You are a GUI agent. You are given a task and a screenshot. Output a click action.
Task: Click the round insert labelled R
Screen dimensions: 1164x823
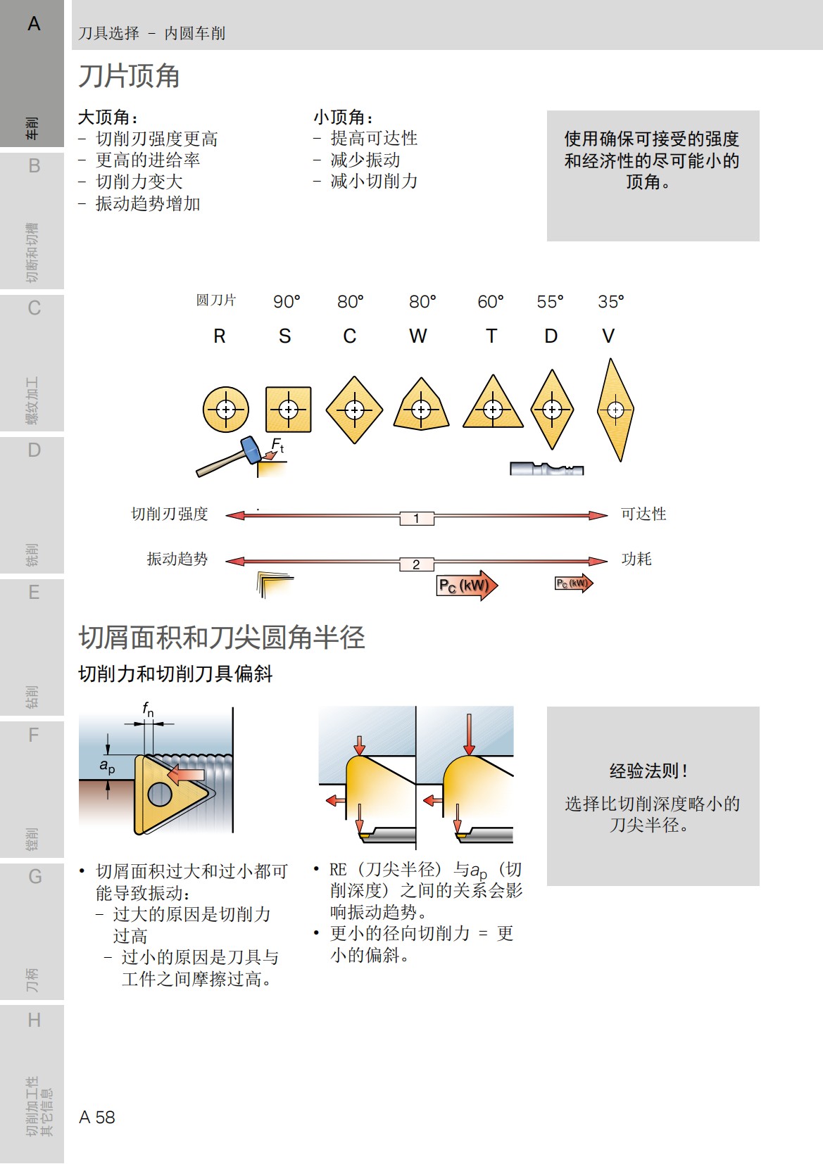[225, 409]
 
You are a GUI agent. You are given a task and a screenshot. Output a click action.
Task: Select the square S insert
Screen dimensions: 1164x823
[288, 409]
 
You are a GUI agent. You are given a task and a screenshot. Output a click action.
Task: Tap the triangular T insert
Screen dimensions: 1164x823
[493, 405]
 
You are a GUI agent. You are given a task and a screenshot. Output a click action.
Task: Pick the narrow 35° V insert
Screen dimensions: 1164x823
[615, 410]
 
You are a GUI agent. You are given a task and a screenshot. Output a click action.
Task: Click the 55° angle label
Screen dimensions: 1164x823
[550, 302]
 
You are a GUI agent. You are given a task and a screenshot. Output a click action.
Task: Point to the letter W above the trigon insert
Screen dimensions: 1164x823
[417, 336]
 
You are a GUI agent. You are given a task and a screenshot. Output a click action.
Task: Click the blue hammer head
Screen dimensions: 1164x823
[250, 450]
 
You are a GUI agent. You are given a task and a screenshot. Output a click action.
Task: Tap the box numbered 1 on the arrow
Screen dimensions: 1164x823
[417, 519]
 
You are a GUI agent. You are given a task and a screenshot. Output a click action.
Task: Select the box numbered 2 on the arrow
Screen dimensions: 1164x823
[417, 564]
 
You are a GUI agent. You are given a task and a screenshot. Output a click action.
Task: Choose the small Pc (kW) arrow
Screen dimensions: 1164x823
[574, 583]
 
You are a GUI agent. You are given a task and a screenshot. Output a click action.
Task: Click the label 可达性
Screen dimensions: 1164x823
[643, 514]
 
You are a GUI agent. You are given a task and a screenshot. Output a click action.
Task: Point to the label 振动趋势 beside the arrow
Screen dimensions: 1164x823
[177, 559]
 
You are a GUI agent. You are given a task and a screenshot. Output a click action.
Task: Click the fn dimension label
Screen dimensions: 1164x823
[148, 709]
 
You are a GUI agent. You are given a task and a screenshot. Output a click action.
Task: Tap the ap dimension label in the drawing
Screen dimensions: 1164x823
[107, 766]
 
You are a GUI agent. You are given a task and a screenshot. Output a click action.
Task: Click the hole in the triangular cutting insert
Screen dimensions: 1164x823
[160, 795]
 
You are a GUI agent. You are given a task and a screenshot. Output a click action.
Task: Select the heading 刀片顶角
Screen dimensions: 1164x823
[129, 76]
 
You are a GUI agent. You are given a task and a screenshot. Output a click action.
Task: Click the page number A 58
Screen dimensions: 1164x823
[97, 1117]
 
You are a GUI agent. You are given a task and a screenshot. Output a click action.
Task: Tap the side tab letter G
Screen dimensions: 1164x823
[34, 877]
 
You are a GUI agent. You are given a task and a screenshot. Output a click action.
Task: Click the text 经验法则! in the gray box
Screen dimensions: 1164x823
[648, 771]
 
